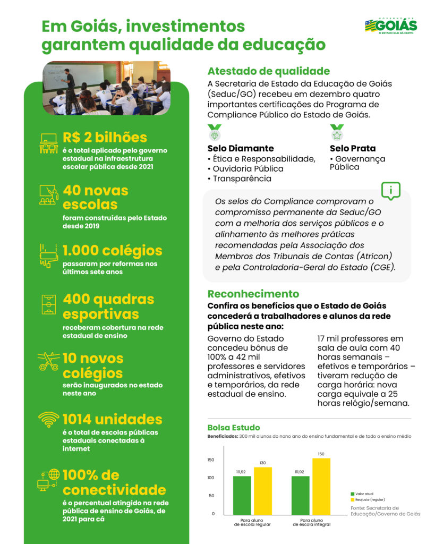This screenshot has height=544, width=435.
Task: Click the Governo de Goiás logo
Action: click(x=390, y=25)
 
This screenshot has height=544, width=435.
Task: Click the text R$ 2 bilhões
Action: click(x=105, y=138)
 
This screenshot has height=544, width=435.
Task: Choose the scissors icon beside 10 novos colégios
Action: click(x=49, y=362)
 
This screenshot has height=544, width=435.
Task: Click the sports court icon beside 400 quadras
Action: click(x=49, y=303)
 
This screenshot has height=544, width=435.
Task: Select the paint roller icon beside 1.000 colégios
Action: click(x=49, y=254)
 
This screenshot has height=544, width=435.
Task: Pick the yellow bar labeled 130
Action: click(x=262, y=490)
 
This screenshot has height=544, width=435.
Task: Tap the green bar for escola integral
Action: click(x=301, y=495)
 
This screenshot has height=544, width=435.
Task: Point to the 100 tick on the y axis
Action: click(x=211, y=478)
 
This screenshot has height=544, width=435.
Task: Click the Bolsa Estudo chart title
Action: click(x=233, y=427)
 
